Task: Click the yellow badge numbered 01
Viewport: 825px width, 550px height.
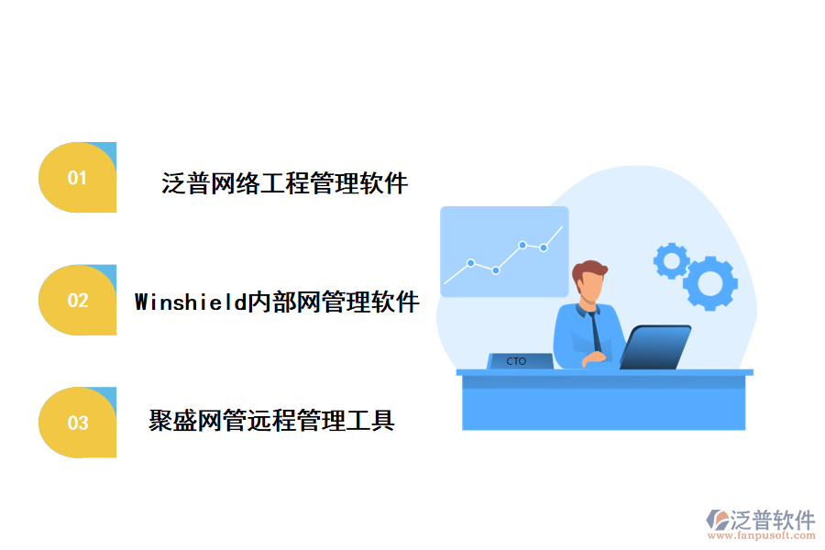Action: tap(78, 178)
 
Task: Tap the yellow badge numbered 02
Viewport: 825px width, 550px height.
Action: tap(78, 300)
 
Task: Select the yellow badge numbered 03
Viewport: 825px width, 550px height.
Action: tap(78, 423)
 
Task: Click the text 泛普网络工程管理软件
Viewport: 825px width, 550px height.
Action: tap(284, 183)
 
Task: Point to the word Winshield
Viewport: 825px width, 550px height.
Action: tap(191, 302)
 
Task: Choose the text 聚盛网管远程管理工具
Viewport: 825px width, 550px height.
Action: tap(271, 422)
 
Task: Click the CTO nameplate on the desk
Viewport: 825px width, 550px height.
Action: tap(517, 361)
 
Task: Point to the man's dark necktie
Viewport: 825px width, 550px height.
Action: tap(596, 328)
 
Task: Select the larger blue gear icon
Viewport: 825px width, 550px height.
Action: tap(709, 283)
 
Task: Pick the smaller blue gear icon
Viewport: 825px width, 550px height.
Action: tap(671, 261)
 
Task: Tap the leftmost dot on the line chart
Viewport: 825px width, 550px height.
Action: tap(470, 263)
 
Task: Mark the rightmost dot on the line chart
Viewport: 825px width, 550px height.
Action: tap(544, 247)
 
